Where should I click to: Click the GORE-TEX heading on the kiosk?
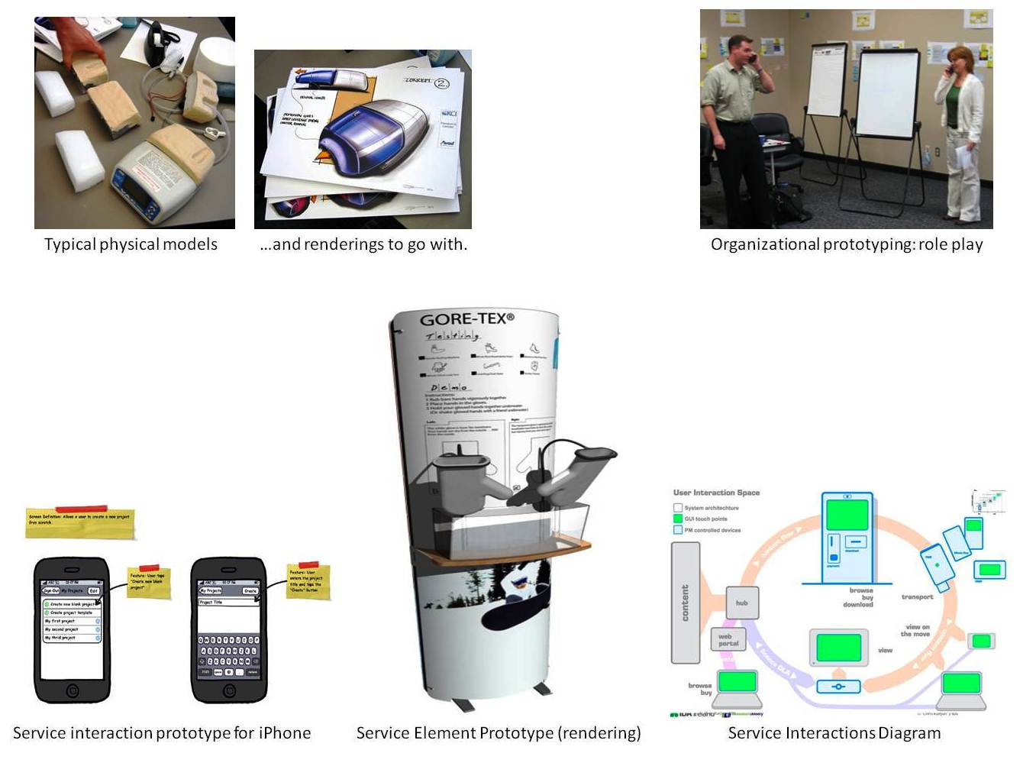[466, 318]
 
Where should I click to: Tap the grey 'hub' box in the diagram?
[741, 603]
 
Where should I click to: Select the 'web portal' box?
[728, 639]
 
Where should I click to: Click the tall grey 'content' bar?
[685, 603]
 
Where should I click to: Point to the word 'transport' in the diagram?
[917, 596]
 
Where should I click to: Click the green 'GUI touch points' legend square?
[677, 519]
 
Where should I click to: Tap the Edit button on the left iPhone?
[93, 590]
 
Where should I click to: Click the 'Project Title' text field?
[228, 603]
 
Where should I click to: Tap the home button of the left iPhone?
[72, 690]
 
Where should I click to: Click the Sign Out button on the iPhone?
[51, 590]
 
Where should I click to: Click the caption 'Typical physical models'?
[131, 244]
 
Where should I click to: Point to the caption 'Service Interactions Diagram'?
[834, 733]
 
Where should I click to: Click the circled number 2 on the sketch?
[442, 82]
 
